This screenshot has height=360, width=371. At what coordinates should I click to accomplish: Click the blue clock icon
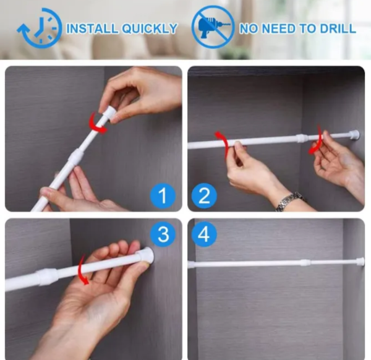pyautogui.click(x=39, y=28)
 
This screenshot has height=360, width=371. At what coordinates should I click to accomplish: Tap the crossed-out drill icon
pyautogui.click(x=213, y=27)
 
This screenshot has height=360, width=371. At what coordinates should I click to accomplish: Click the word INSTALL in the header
pyautogui.click(x=92, y=28)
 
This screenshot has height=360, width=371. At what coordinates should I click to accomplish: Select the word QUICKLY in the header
pyautogui.click(x=150, y=28)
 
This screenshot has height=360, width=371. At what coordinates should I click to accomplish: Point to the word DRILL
pyautogui.click(x=338, y=28)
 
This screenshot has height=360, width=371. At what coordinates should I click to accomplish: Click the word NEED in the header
pyautogui.click(x=279, y=28)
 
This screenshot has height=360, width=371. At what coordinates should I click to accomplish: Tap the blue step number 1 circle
pyautogui.click(x=163, y=196)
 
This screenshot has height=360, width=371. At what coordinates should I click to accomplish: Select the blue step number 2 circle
pyautogui.click(x=204, y=196)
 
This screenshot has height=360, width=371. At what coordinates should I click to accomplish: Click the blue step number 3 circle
pyautogui.click(x=163, y=234)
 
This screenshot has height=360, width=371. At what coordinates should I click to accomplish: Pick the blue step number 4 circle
pyautogui.click(x=204, y=234)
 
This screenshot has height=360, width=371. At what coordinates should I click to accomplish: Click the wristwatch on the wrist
pyautogui.click(x=290, y=201)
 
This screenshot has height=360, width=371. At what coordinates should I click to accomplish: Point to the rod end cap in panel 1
pyautogui.click(x=109, y=113)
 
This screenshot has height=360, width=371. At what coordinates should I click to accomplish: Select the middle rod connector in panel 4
pyautogui.click(x=305, y=262)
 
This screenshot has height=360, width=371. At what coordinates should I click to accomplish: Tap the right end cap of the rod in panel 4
pyautogui.click(x=360, y=261)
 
